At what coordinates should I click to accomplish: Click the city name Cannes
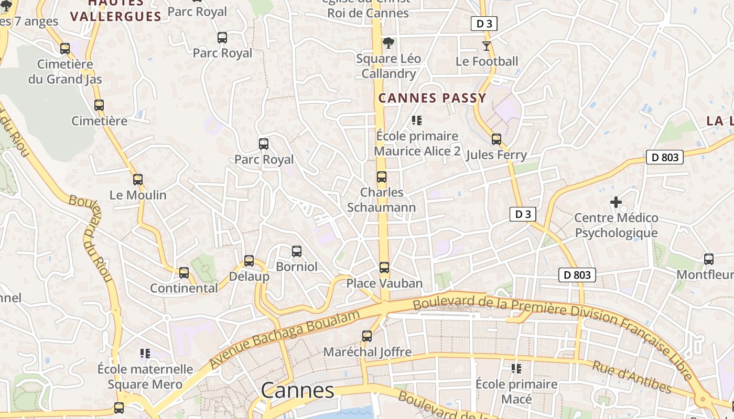pyautogui.click(x=297, y=390)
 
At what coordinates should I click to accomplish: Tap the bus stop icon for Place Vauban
pyautogui.click(x=384, y=268)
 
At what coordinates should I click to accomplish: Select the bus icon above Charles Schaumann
pyautogui.click(x=382, y=177)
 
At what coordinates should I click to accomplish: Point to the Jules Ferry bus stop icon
pyautogui.click(x=496, y=139)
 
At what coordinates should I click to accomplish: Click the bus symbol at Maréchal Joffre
pyautogui.click(x=367, y=336)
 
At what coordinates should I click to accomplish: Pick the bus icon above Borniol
pyautogui.click(x=297, y=251)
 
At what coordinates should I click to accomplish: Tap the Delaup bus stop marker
pyautogui.click(x=249, y=261)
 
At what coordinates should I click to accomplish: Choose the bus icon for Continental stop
pyautogui.click(x=184, y=273)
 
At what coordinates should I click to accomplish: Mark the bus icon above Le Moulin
pyautogui.click(x=137, y=180)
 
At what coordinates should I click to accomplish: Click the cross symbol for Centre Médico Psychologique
pyautogui.click(x=616, y=202)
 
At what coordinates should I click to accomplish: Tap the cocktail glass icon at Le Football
pyautogui.click(x=487, y=46)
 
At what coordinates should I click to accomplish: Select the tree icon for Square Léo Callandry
pyautogui.click(x=388, y=43)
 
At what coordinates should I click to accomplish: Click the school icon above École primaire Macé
pyautogui.click(x=516, y=369)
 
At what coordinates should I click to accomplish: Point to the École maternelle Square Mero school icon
pyautogui.click(x=145, y=354)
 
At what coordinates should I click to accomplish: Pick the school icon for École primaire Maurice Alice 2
pyautogui.click(x=417, y=120)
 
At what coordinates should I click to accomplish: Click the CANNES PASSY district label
pyautogui.click(x=433, y=98)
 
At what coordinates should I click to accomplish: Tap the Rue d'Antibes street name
pyautogui.click(x=632, y=377)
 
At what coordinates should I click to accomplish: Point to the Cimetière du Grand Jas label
pyautogui.click(x=65, y=72)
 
